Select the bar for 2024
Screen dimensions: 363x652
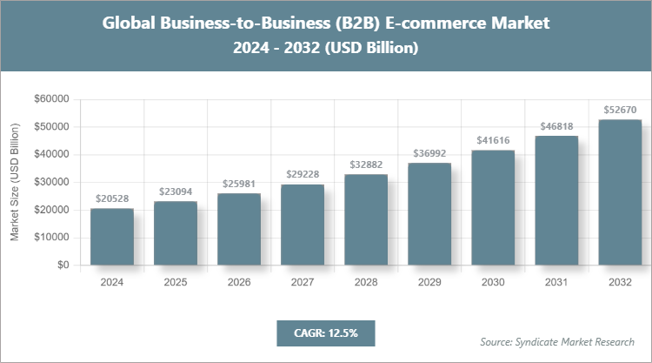pos(112,237)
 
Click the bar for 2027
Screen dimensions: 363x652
pos(302,225)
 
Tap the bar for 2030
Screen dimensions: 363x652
pos(493,207)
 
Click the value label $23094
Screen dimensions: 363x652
pos(176,192)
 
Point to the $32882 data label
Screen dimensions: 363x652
pos(366,165)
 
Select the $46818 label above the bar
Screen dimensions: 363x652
pos(556,126)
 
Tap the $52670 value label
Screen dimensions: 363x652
pos(620,110)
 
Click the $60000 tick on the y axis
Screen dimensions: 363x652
pos(51,99)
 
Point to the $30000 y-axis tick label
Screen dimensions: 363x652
pos(51,183)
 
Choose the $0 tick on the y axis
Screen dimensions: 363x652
pos(63,266)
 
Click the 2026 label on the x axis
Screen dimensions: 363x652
pos(239,283)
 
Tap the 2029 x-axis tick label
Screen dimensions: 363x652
pos(429,283)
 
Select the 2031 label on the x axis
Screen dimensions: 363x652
pos(556,283)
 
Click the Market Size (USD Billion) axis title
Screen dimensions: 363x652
pos(15,183)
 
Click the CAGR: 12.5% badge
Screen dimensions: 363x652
pos(325,333)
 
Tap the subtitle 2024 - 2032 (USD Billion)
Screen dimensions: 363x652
pos(326,49)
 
